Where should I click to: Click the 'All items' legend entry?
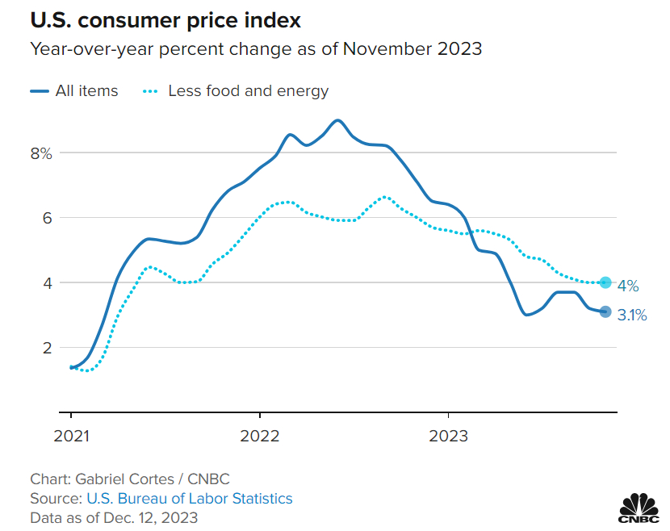coord(86,91)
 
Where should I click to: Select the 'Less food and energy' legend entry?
coord(248,91)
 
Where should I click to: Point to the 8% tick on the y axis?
coord(41,153)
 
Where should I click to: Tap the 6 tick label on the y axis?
coord(47,218)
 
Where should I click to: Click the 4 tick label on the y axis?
coord(47,283)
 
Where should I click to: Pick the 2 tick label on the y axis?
coord(47,348)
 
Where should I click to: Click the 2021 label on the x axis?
coord(71,436)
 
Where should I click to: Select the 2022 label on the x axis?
coord(260,436)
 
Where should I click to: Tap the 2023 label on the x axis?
coord(449,436)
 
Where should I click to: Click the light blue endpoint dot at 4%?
coord(605,282)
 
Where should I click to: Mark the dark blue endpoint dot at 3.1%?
coord(605,312)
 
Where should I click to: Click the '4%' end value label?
coord(628,286)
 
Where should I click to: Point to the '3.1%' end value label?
coord(632,316)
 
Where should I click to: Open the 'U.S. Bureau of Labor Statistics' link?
coord(189,498)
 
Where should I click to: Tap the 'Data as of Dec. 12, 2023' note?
coord(114,517)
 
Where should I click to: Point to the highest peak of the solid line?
coord(337,120)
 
